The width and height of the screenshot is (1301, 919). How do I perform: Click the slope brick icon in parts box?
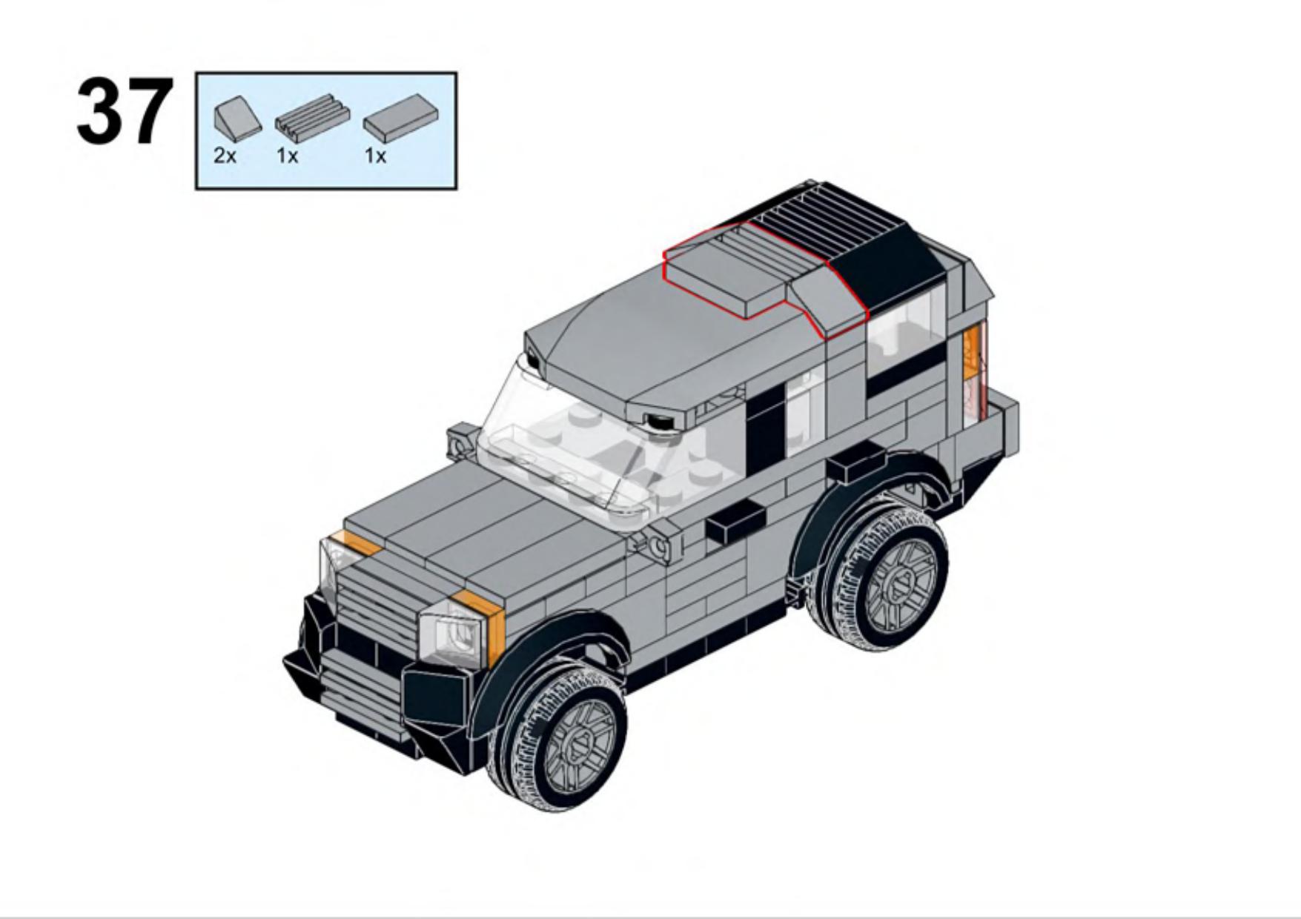(x=237, y=119)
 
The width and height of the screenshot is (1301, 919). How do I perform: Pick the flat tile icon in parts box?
(x=400, y=119)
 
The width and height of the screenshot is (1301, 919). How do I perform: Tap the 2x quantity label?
(x=225, y=156)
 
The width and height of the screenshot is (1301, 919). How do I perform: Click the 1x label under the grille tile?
(x=287, y=156)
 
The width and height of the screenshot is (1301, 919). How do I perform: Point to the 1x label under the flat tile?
(x=375, y=156)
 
